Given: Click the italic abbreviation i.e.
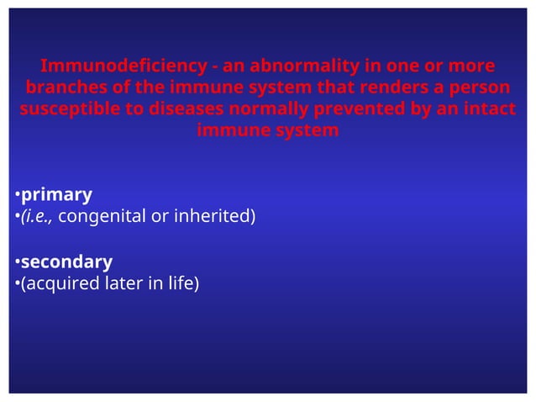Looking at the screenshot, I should click(38, 217).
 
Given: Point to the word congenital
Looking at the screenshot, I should click(102, 217).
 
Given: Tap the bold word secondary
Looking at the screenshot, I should click(66, 262).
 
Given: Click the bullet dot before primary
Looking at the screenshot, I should click(16, 196).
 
